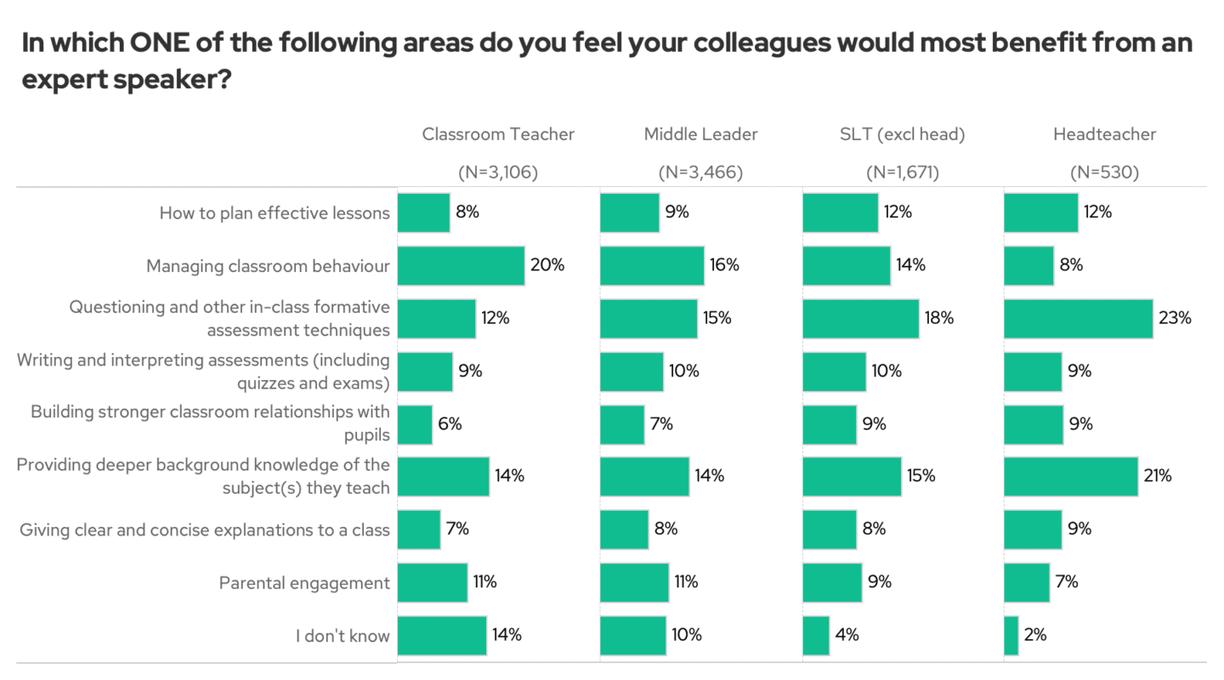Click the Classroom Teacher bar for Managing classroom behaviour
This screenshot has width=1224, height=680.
tap(461, 265)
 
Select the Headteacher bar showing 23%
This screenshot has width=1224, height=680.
tap(1078, 318)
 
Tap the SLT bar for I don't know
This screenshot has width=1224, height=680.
tap(816, 635)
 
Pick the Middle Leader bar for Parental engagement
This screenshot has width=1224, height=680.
tap(634, 582)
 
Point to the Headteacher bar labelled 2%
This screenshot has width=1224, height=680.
tap(1011, 635)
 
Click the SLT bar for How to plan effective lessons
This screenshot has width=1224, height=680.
tap(840, 212)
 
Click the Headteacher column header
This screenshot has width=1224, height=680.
tap(1104, 133)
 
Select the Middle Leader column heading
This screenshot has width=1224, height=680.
tap(700, 133)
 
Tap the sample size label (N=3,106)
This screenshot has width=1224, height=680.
tap(498, 173)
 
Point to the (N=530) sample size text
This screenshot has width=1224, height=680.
tap(1104, 173)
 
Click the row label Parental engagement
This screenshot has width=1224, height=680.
tap(304, 583)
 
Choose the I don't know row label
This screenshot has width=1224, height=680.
tap(343, 636)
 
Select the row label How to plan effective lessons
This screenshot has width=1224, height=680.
tap(275, 213)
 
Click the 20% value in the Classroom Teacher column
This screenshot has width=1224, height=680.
tap(547, 264)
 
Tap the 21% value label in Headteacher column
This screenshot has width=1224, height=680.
tap(1157, 476)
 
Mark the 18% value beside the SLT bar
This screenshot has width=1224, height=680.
tap(939, 318)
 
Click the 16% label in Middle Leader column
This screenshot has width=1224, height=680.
tap(724, 264)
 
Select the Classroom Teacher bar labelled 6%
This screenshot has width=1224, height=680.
tap(415, 424)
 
